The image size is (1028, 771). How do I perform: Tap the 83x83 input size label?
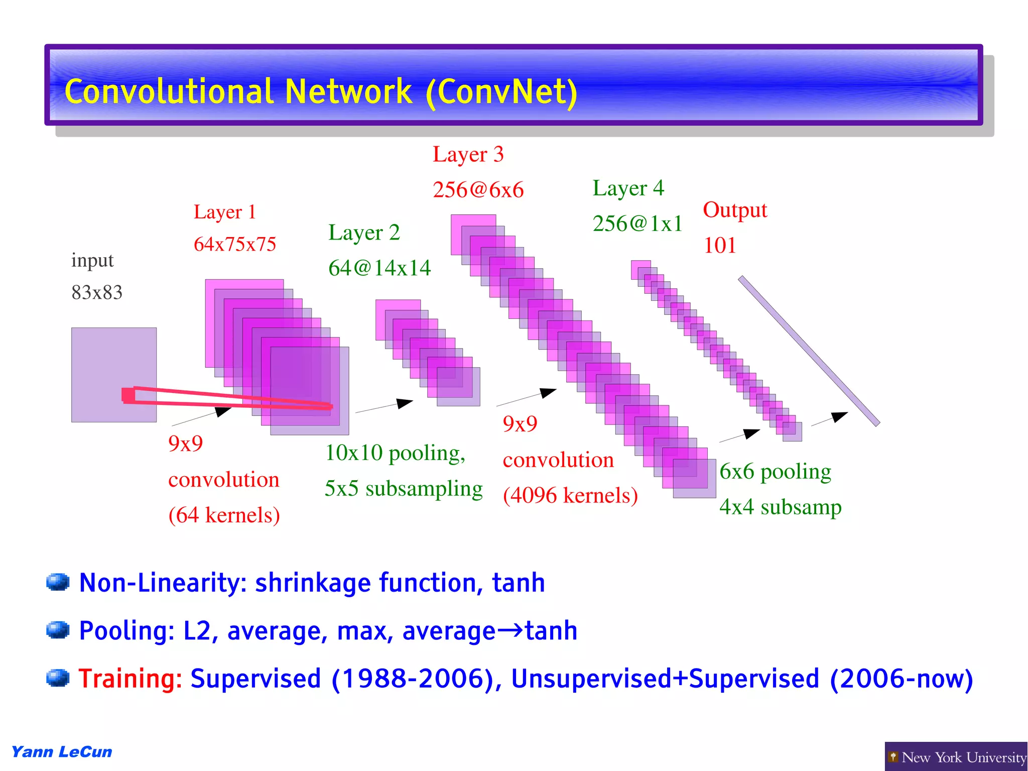point(97,292)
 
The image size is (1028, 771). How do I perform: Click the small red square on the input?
point(128,395)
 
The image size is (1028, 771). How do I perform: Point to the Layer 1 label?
point(225,212)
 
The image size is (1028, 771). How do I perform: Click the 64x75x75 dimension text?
point(235,245)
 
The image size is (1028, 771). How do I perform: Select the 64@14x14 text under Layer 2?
point(379,268)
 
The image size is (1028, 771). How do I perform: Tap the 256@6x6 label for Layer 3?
point(478,190)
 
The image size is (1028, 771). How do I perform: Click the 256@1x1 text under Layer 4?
point(637,224)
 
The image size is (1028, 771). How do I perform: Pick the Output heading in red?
point(735,210)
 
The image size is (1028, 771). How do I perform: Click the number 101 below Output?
point(719,246)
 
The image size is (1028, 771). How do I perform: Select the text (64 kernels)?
point(224,515)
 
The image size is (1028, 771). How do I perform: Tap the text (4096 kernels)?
point(570,496)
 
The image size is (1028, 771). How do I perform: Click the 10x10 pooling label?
point(395,453)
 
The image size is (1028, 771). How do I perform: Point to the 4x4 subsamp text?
point(780,507)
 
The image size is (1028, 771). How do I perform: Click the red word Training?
point(130,679)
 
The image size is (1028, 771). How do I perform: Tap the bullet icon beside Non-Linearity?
point(57,582)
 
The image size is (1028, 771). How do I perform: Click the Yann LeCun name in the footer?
point(62,752)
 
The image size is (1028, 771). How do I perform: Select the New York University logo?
point(956,757)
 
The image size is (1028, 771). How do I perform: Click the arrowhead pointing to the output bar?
point(839,416)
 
